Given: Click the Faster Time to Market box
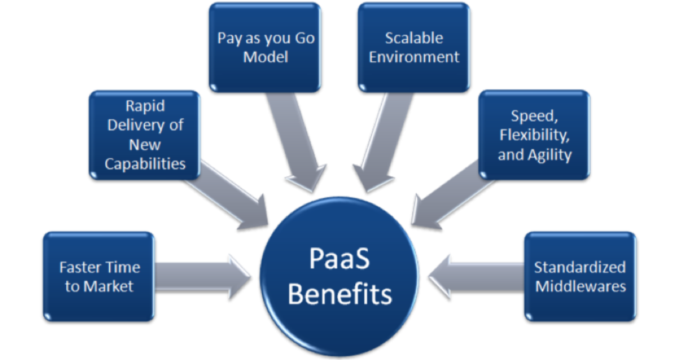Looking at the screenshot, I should tap(99, 276).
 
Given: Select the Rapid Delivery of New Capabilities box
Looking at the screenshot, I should tap(145, 134).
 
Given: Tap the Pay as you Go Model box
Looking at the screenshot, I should tap(265, 47).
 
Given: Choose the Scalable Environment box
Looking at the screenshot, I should tap(414, 47).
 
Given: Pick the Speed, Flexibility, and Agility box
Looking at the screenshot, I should tap(534, 134).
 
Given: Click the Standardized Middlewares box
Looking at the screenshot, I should tap(580, 276).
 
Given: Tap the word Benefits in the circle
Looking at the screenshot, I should tap(339, 294).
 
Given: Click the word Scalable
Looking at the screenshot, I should tap(414, 38).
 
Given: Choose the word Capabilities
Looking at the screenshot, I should tap(144, 164).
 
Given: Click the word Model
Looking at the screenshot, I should tap(265, 57).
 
